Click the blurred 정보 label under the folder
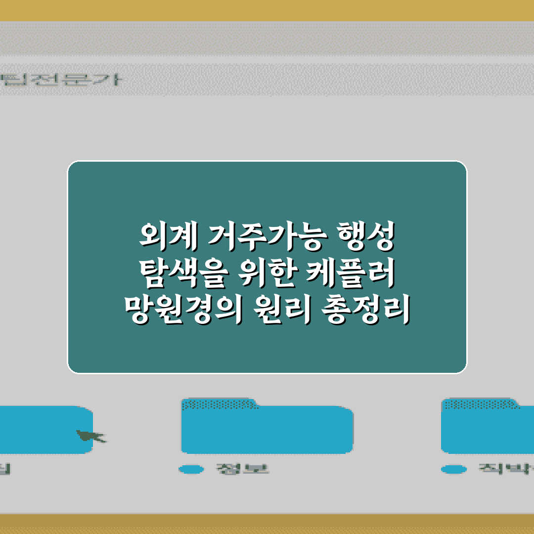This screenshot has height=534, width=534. pyautogui.click(x=242, y=469)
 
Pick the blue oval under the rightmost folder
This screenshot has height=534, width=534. pyautogui.click(x=453, y=469)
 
